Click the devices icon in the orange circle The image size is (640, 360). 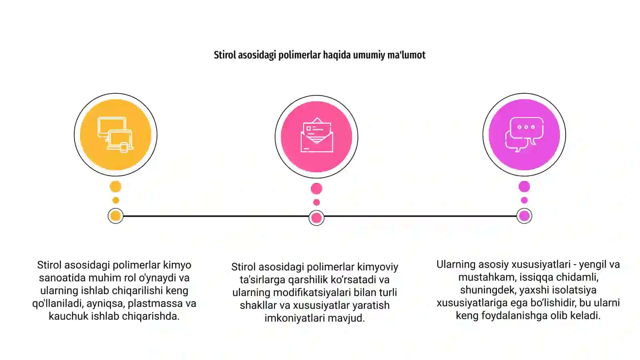(116, 135)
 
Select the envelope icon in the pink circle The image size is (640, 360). (316, 135)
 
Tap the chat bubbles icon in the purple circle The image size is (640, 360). (524, 134)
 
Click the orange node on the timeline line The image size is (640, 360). (116, 216)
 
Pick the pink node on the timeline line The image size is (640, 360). (316, 218)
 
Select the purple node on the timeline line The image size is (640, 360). (524, 216)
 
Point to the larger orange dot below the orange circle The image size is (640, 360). (116, 186)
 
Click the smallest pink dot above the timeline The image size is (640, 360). (316, 202)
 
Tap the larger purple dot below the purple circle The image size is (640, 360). (524, 186)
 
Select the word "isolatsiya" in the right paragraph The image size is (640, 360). (574, 290)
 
